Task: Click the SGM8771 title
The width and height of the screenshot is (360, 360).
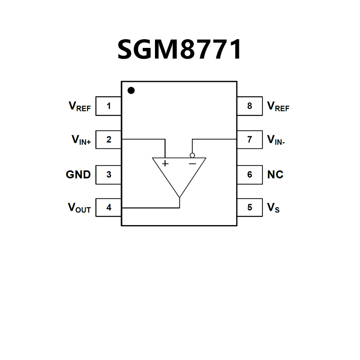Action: point(179,49)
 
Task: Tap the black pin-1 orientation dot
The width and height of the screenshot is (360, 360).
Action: point(131,91)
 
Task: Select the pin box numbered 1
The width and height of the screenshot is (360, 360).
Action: point(108,106)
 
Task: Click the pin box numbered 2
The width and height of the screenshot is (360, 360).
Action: point(108,140)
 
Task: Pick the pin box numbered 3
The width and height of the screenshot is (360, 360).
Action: point(108,175)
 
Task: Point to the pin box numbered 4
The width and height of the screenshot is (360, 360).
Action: point(108,208)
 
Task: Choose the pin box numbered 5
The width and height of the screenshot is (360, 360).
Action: point(250,208)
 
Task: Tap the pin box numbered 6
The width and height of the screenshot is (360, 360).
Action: point(250,175)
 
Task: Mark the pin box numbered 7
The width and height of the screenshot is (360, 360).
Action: point(250,140)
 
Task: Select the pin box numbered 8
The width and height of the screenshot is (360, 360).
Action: point(250,106)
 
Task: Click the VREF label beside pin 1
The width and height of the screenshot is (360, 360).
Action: point(80,107)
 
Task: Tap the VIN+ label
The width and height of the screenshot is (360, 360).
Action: point(81,140)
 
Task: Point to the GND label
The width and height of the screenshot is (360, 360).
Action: point(78,175)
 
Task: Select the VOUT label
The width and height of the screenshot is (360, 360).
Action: point(79,208)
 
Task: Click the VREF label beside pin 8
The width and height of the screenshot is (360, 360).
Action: point(278,107)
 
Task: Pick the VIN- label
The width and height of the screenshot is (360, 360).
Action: point(276,140)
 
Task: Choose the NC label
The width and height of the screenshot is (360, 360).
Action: point(275,175)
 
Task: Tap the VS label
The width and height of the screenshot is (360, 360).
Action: point(273,208)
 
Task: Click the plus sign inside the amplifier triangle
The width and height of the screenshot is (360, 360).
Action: point(165,163)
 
